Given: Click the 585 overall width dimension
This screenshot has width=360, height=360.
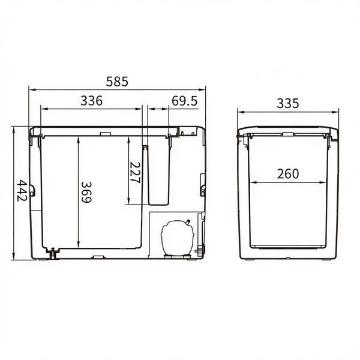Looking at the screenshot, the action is (117, 82).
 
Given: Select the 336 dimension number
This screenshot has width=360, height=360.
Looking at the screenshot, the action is (91, 101).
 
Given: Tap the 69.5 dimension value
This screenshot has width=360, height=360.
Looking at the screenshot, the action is (185, 101).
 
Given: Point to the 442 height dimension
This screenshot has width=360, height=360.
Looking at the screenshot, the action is (22, 190).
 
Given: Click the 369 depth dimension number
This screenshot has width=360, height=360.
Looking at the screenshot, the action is (86, 192).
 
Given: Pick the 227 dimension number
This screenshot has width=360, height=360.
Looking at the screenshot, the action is (135, 172).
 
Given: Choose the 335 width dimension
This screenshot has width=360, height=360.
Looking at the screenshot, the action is (288, 104).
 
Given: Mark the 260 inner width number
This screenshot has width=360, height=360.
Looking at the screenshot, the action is (288, 174).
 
